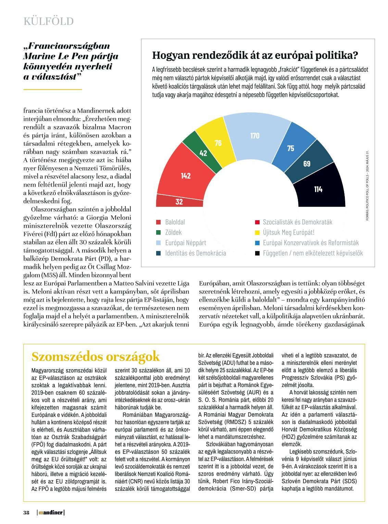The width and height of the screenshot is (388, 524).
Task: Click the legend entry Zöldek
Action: click(173, 233)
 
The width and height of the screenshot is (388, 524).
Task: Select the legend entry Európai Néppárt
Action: click(185, 243)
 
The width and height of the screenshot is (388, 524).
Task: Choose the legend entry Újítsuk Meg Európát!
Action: click(288, 233)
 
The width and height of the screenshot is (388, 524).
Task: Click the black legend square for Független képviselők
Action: click(256, 253)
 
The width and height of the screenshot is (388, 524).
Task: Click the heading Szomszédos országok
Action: click(96, 357)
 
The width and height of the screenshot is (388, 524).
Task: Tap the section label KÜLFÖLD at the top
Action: click(49, 21)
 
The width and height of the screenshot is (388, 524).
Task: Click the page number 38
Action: click(26, 513)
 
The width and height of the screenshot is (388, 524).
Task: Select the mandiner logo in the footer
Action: click(51, 513)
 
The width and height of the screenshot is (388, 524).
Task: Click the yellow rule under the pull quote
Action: click(53, 89)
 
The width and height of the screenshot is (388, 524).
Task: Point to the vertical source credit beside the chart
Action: click(367, 185)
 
